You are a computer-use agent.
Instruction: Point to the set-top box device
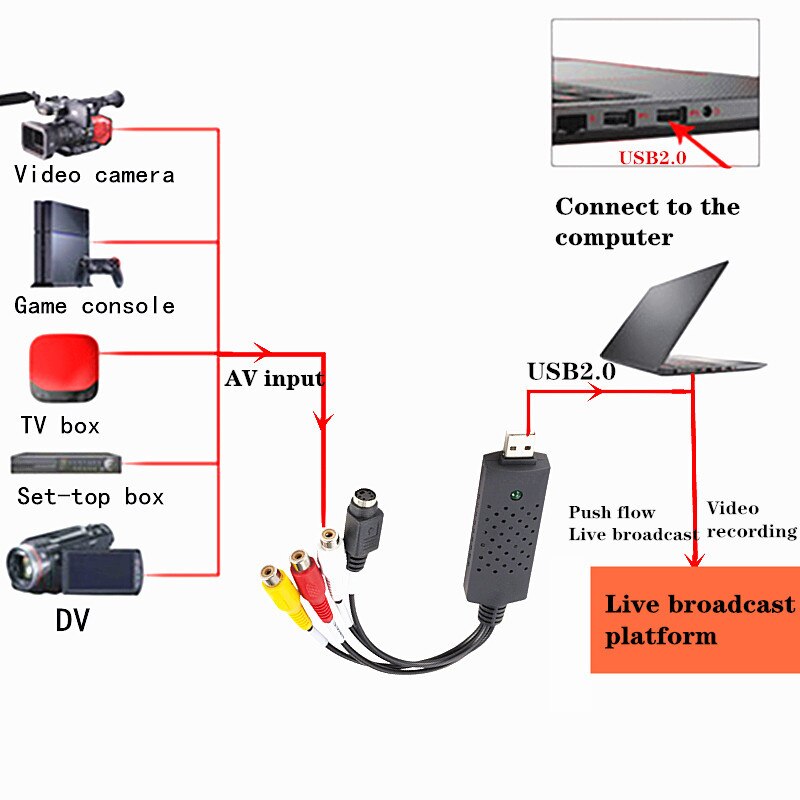pos(66,464)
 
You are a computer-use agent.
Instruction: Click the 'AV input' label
pos(273,378)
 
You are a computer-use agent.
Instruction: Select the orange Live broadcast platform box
pos(693,619)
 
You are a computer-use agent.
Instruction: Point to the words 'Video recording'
pos(750,520)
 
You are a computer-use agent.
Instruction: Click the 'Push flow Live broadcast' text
pos(632,524)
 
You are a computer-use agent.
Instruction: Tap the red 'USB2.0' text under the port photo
pos(652,157)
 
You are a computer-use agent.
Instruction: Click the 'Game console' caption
pos(94,305)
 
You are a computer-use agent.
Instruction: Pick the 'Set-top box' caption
pos(90,496)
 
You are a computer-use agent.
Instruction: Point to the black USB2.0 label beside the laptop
pos(571,371)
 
